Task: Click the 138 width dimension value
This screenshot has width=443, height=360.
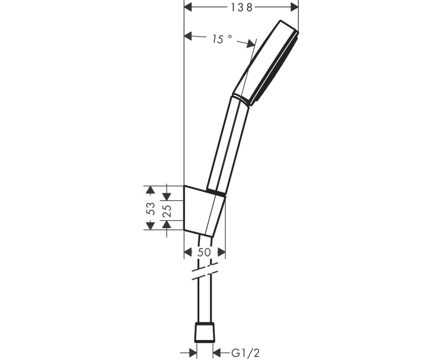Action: pyautogui.click(x=241, y=7)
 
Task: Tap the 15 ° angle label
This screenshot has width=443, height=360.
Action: pyautogui.click(x=221, y=39)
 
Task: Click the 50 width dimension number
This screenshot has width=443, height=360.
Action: pyautogui.click(x=204, y=252)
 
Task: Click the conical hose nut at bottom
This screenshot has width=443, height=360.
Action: pyautogui.click(x=204, y=332)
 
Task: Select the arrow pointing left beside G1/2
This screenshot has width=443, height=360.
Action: pyautogui.click(x=218, y=352)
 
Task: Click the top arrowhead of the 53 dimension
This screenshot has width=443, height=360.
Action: pyautogui.click(x=149, y=190)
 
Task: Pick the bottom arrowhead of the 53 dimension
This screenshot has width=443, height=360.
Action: pyautogui.click(x=149, y=225)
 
